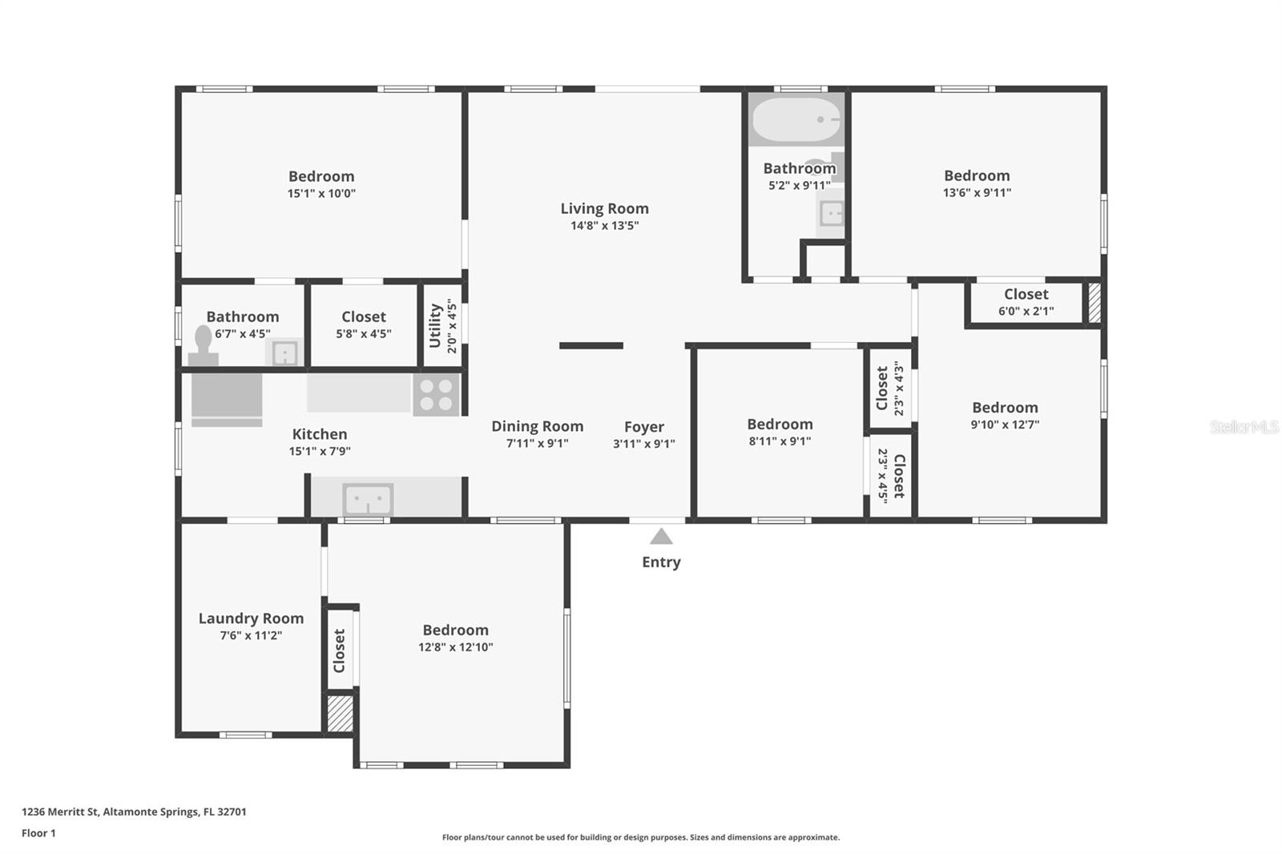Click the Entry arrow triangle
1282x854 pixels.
(661, 536)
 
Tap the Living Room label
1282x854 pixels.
(604, 208)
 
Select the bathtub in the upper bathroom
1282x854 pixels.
(796, 119)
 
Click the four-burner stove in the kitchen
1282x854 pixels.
(436, 394)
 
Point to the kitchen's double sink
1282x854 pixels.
(368, 499)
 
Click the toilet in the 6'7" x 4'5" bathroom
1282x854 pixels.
(204, 345)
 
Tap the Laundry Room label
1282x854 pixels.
(252, 618)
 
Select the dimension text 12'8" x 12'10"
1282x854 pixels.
(456, 647)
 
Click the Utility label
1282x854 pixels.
(436, 326)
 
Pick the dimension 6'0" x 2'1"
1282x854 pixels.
(1026, 311)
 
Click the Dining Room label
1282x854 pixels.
(538, 426)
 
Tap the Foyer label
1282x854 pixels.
(644, 427)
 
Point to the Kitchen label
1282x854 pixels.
(320, 434)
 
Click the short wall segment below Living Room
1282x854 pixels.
(591, 346)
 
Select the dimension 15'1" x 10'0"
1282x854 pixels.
(321, 193)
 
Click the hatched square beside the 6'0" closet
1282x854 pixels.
(1095, 303)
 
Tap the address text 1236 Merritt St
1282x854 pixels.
(60, 812)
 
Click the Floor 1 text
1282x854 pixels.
(39, 833)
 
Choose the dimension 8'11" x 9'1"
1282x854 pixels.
(780, 441)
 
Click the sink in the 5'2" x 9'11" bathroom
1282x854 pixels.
(830, 214)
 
